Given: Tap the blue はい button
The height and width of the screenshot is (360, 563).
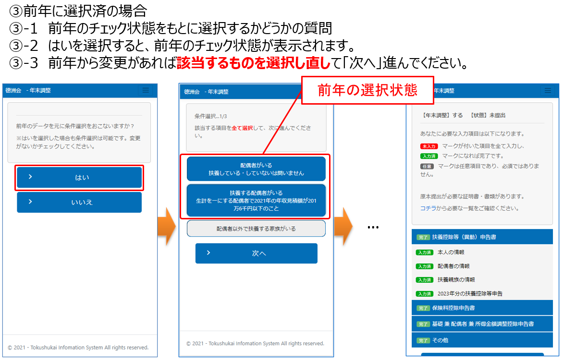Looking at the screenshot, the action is pyautogui.click(x=79, y=177).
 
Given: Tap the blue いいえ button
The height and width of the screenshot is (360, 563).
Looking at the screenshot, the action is pyautogui.click(x=79, y=202).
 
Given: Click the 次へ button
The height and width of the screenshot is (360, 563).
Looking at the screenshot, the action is pyautogui.click(x=257, y=253).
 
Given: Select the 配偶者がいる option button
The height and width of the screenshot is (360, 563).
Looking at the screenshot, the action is pyautogui.click(x=256, y=169).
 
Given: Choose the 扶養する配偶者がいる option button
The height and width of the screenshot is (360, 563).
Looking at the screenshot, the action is pyautogui.click(x=256, y=201).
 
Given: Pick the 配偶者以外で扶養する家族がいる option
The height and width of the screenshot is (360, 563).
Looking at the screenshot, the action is pyautogui.click(x=256, y=228).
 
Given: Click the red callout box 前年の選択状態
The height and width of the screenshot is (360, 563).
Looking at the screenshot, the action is pyautogui.click(x=367, y=90).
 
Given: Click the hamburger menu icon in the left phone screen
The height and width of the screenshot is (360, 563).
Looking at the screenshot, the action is pyautogui.click(x=146, y=90).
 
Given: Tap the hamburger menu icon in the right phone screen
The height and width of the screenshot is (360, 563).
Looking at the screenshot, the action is pyautogui.click(x=548, y=90).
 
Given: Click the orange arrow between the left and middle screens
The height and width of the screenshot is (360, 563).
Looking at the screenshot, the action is pyautogui.click(x=167, y=226).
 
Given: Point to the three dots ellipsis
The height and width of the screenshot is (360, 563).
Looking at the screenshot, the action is pyautogui.click(x=373, y=228).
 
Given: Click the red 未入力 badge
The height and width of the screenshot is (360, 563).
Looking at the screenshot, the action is pyautogui.click(x=429, y=146).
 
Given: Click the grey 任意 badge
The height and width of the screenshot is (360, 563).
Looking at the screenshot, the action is pyautogui.click(x=427, y=167).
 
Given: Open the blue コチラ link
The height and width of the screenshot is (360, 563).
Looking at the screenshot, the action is pyautogui.click(x=428, y=208).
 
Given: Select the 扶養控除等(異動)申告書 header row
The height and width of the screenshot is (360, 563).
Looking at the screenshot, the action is pyautogui.click(x=482, y=237).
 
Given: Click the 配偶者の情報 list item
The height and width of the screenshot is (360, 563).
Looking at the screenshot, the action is pyautogui.click(x=453, y=266).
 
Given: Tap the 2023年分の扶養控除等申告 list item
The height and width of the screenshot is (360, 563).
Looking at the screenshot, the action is pyautogui.click(x=470, y=294).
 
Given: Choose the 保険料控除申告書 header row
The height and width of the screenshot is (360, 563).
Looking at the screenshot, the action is pyautogui.click(x=482, y=308).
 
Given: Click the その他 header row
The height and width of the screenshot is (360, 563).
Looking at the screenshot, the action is pyautogui.click(x=482, y=340).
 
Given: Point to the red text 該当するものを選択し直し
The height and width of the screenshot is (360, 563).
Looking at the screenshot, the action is pyautogui.click(x=254, y=63).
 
